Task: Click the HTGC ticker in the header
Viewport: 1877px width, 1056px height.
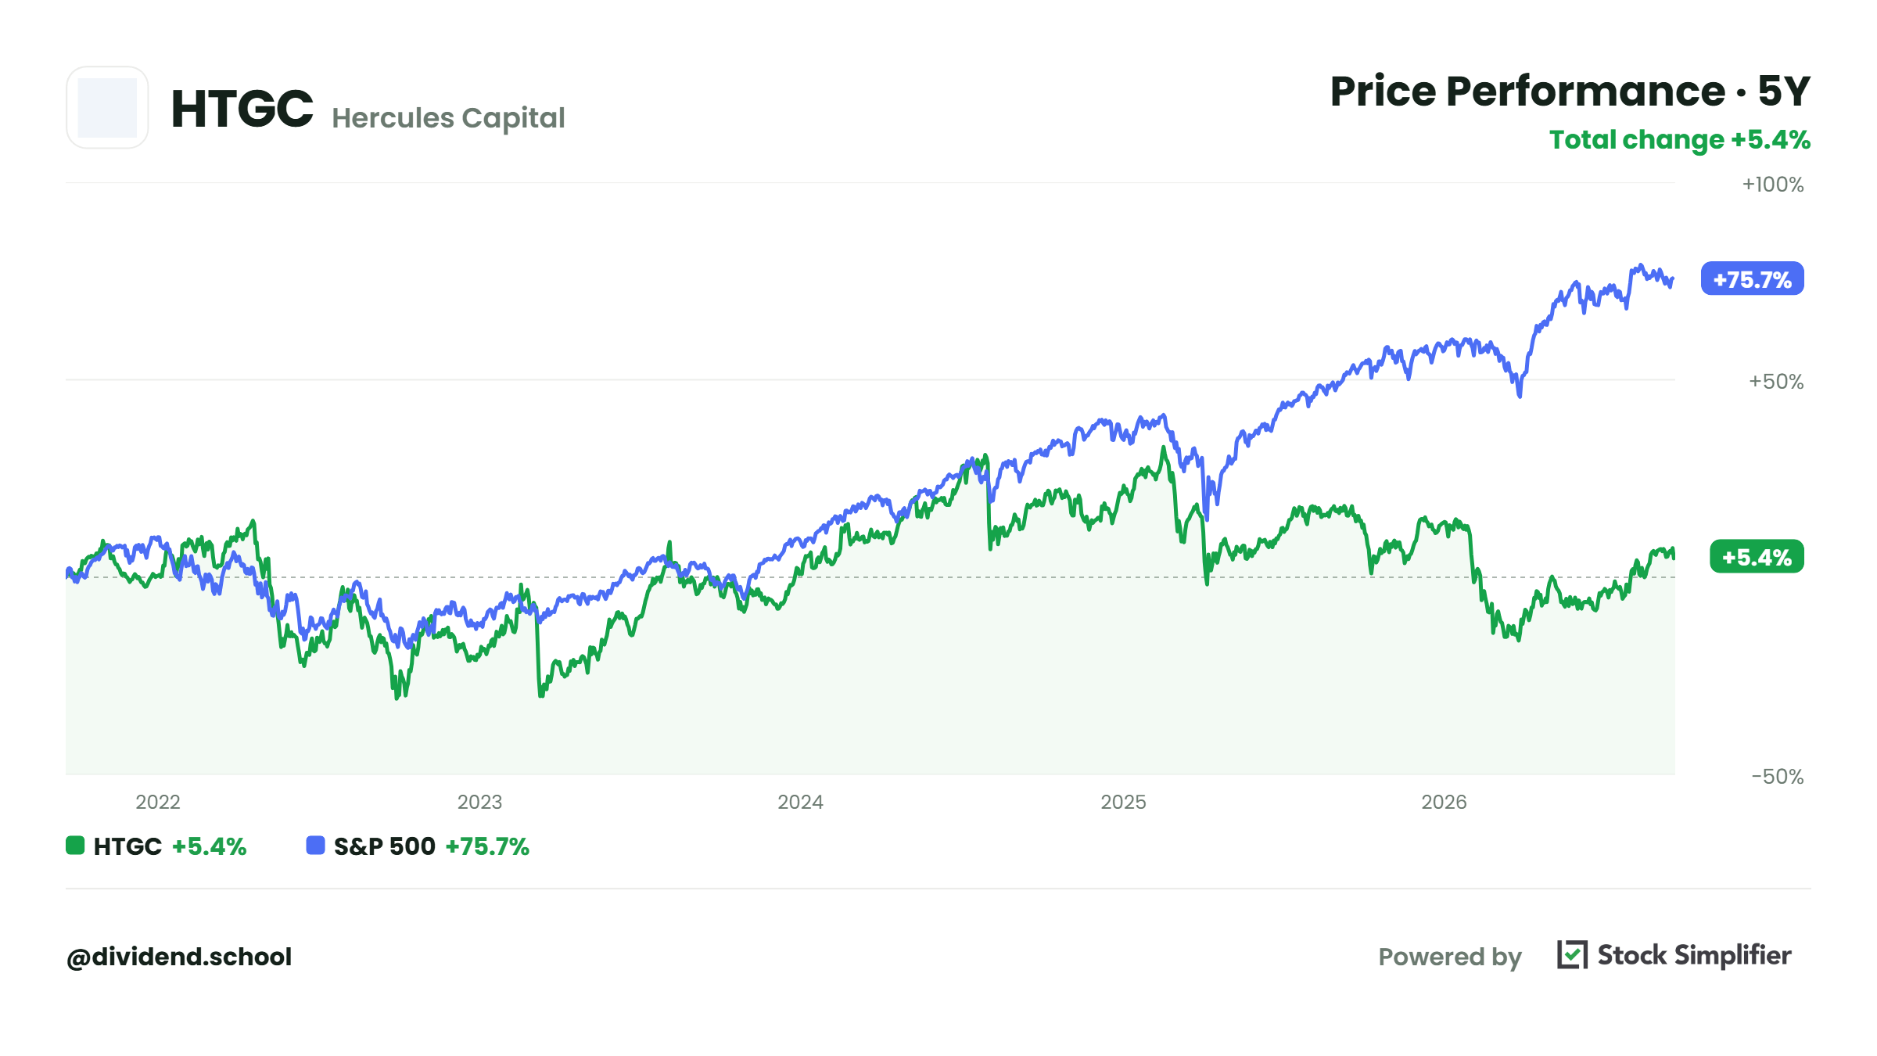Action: (x=242, y=108)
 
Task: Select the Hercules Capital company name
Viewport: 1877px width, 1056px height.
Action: (x=448, y=118)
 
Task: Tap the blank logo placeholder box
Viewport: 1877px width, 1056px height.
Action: (x=107, y=107)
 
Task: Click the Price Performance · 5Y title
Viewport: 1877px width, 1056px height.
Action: (x=1570, y=92)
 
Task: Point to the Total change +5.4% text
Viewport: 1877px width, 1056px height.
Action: (x=1680, y=140)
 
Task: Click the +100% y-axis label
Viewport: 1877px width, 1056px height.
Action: (x=1773, y=185)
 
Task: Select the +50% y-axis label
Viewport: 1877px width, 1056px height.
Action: (x=1776, y=382)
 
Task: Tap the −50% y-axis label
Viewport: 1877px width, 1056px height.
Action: (x=1778, y=777)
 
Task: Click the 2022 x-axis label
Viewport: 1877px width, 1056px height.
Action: (x=158, y=802)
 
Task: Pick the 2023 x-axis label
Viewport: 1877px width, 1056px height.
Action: (x=479, y=802)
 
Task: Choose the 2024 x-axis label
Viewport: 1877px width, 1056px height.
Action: (x=800, y=802)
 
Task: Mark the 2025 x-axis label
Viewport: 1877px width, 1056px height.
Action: (x=1123, y=802)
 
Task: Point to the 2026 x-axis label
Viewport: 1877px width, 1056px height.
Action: (x=1444, y=802)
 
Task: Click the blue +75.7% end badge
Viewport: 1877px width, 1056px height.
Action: (x=1752, y=279)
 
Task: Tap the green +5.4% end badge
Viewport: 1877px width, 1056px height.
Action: (x=1757, y=557)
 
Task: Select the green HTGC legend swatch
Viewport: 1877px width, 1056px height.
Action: (x=75, y=846)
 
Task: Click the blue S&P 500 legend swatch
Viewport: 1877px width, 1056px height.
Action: (x=315, y=846)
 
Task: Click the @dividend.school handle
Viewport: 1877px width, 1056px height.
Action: (x=179, y=957)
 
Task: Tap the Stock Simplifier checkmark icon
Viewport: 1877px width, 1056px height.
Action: (x=1572, y=955)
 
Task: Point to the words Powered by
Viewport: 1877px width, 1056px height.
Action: (x=1450, y=957)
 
